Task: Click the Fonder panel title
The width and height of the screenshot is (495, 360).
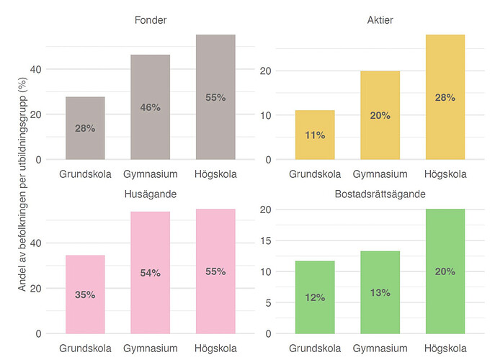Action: pos(151,19)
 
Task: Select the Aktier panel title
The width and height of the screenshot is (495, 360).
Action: pos(380,19)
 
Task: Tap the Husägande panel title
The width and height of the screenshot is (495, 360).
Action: pos(151,194)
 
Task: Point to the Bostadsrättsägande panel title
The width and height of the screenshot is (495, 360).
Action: pos(380,194)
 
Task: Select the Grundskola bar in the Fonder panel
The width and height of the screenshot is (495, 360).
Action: pos(85,128)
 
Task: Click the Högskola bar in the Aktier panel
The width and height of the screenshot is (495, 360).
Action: pos(445,97)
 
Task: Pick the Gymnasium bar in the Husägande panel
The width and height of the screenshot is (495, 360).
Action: pos(150,273)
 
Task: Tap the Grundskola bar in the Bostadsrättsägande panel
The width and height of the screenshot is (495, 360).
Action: pos(315,297)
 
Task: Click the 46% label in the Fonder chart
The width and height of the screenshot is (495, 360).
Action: pos(150,107)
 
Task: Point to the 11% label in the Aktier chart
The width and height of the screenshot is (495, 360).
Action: pos(315,135)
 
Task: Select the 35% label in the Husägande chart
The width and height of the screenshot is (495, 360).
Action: pos(85,294)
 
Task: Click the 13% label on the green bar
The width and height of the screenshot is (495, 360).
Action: pos(380,292)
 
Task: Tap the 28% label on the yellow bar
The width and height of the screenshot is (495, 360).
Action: pos(445,97)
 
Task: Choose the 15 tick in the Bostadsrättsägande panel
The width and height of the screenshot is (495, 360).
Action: pos(266,241)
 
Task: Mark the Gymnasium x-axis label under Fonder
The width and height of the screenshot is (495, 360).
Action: pos(150,174)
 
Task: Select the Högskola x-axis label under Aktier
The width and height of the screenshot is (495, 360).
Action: pos(445,174)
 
